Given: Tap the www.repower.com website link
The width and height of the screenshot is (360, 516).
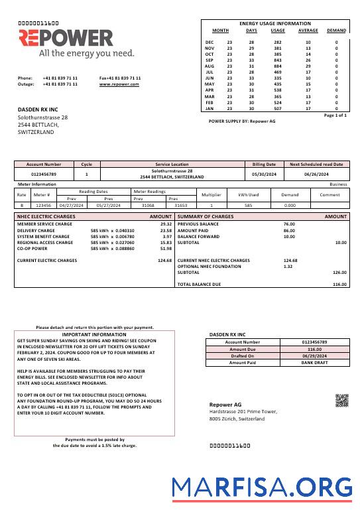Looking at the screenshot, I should tap(120, 84).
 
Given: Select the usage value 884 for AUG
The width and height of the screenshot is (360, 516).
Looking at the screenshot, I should tap(277, 66).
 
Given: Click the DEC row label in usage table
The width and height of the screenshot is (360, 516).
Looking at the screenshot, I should tap(210, 42).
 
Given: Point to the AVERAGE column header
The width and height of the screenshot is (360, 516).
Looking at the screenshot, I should tap(308, 31).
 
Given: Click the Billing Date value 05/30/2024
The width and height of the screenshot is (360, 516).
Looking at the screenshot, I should tap(264, 174).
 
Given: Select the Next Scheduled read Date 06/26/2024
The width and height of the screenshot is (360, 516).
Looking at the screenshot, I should tap(316, 174).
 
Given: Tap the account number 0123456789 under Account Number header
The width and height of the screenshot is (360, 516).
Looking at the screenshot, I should tap(44, 174).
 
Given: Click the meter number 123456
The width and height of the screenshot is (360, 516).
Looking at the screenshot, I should tap(42, 206).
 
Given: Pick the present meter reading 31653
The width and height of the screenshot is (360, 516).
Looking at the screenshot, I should tap(180, 206).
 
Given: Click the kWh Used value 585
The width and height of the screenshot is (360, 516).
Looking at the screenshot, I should tap(248, 206).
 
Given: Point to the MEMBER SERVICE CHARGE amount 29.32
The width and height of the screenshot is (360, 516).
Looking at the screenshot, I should tap(166, 224).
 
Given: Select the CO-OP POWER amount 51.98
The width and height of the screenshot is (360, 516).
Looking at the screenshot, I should tap(166, 248).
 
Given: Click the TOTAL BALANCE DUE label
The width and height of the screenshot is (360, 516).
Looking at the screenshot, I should tap(199, 284).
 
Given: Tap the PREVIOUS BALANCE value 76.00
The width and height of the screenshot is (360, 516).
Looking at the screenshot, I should tap(289, 224).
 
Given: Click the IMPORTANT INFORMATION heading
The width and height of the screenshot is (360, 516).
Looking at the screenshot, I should tap(93, 335).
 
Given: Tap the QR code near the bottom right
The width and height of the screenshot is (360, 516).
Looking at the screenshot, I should tap(341, 400).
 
